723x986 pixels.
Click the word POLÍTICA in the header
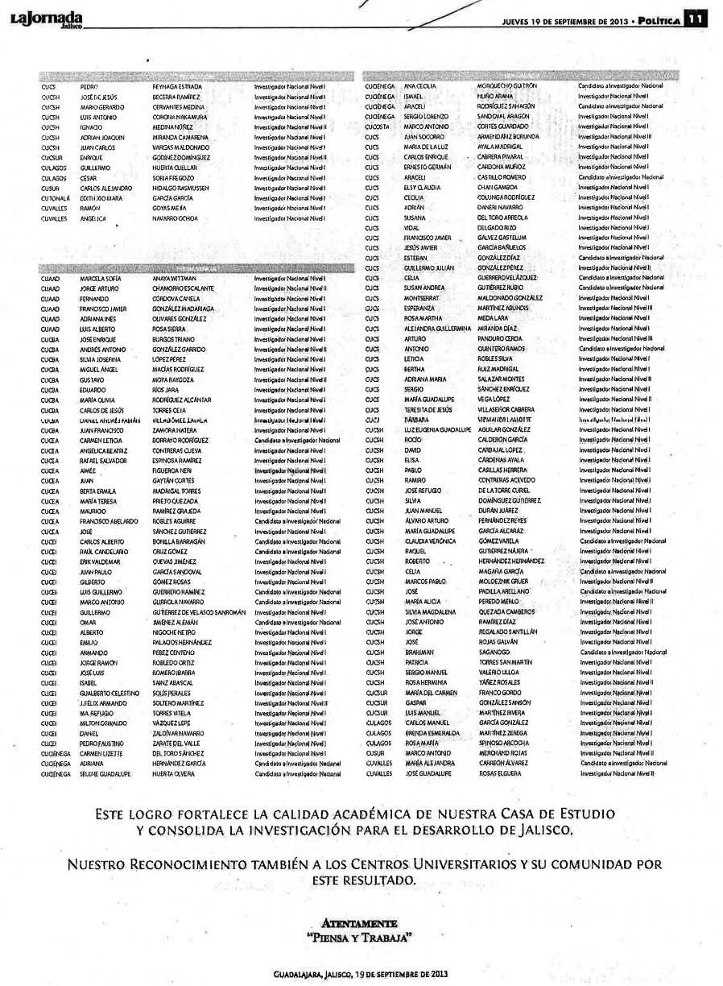pyautogui.click(x=656, y=19)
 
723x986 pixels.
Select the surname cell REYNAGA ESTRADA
pyautogui.click(x=177, y=85)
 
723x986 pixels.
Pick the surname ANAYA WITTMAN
pyautogui.click(x=175, y=279)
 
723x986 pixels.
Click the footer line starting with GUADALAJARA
pyautogui.click(x=360, y=974)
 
